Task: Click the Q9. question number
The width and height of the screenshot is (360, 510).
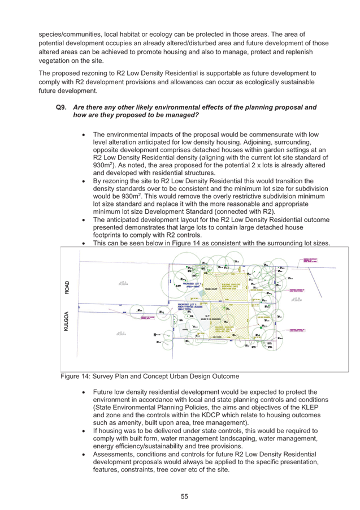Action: pyautogui.click(x=62, y=107)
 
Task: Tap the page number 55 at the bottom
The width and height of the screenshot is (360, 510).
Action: pyautogui.click(x=184, y=496)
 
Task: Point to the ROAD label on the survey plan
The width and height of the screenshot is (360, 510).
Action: pyautogui.click(x=67, y=288)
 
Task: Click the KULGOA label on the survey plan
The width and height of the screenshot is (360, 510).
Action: pyautogui.click(x=67, y=320)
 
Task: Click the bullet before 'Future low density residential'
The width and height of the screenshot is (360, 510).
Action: pyautogui.click(x=83, y=391)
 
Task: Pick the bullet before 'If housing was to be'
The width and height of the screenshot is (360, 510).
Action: pyautogui.click(x=83, y=431)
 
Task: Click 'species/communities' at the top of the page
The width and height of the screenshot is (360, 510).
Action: pyautogui.click(x=62, y=35)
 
